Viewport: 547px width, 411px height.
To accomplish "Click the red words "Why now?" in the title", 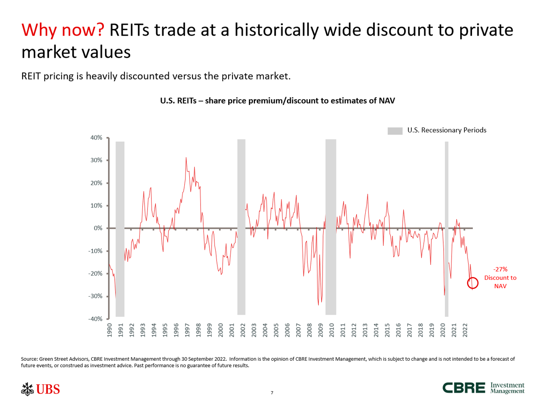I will click(63, 30).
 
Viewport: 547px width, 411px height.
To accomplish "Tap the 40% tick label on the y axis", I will click(96, 138).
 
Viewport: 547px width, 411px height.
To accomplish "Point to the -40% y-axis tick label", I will click(95, 319).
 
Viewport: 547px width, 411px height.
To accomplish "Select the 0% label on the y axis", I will click(98, 228).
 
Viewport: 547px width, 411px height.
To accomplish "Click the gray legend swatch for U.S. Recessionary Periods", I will click(395, 131).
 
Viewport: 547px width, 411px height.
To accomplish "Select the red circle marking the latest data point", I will click(472, 283).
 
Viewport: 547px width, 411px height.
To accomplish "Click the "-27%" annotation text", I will click(500, 269).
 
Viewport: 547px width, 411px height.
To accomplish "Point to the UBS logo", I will click(40, 389).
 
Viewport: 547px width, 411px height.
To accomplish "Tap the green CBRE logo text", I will click(464, 388).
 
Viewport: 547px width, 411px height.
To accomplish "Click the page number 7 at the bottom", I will click(272, 393).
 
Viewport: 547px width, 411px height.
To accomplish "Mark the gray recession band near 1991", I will click(120, 229).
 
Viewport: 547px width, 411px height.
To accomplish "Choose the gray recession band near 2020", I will click(446, 229).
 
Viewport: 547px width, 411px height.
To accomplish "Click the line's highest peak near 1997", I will click(186, 158).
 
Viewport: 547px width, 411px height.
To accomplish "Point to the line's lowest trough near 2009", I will click(318, 305).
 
